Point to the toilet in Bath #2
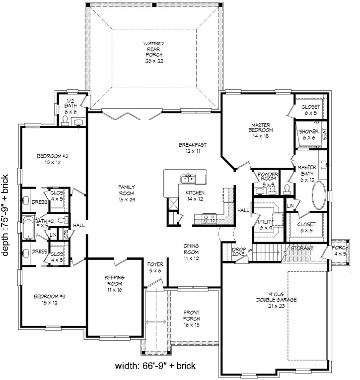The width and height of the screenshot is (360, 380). point(62,220)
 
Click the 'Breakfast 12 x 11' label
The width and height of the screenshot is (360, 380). point(193,148)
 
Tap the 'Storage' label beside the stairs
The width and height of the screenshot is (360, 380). point(301,248)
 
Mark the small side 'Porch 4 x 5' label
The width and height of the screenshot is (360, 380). point(340,250)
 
